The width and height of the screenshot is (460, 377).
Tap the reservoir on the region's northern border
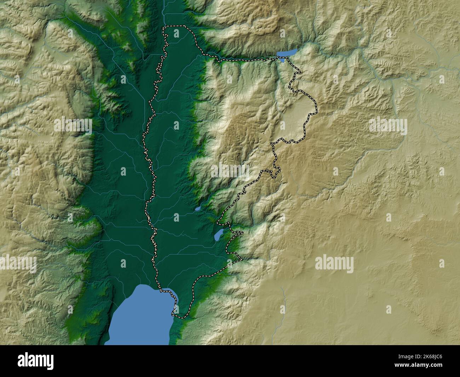tap(286, 53)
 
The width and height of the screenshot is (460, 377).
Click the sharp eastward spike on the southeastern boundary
tap(243, 260)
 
